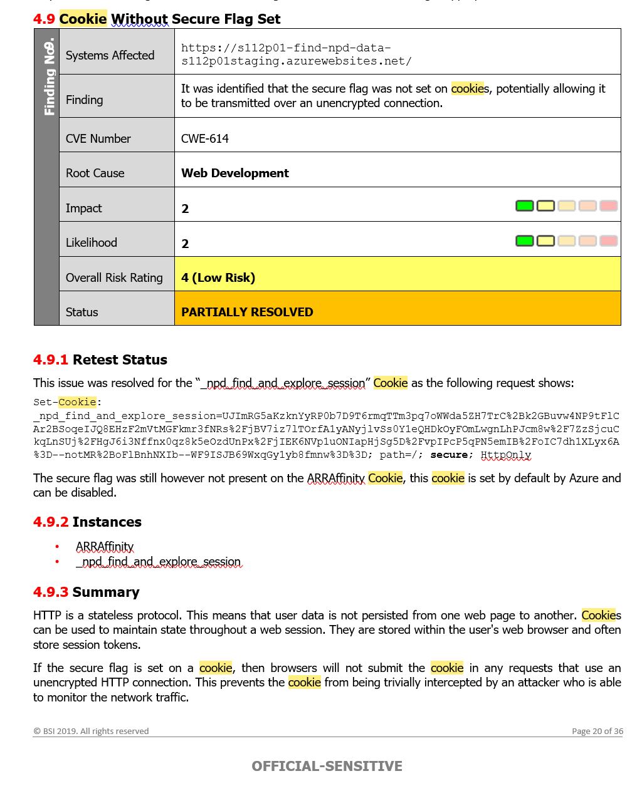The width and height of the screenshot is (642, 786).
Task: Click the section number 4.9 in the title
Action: click(x=44, y=19)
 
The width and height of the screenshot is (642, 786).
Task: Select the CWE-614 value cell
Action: click(x=205, y=138)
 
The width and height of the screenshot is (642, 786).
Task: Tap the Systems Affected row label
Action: click(x=110, y=55)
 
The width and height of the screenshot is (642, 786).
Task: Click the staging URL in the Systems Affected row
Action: click(x=296, y=54)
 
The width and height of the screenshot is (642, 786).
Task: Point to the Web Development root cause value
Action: click(x=234, y=173)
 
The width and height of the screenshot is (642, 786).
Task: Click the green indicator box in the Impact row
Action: click(x=524, y=206)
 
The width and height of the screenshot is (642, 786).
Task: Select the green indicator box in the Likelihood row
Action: click(x=524, y=241)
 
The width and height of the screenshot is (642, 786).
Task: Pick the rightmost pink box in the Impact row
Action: click(x=608, y=206)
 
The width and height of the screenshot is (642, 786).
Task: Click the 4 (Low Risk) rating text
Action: click(x=218, y=277)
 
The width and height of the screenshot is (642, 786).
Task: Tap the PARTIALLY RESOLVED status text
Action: click(x=247, y=312)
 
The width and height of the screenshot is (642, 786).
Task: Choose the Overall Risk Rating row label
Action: click(x=114, y=277)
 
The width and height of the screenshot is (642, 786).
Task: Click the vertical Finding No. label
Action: click(x=49, y=77)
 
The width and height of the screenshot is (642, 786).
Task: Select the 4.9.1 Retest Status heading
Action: click(x=100, y=359)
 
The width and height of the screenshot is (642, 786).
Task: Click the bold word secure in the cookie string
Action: click(x=449, y=455)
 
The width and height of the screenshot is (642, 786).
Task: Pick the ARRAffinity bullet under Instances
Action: click(x=105, y=547)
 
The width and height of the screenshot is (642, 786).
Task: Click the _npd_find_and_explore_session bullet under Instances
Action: click(x=158, y=562)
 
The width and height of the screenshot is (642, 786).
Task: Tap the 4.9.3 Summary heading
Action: click(x=87, y=592)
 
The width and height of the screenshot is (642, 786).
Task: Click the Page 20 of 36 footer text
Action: click(x=597, y=731)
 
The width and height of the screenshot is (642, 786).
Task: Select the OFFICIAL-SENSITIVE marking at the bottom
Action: click(x=327, y=766)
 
